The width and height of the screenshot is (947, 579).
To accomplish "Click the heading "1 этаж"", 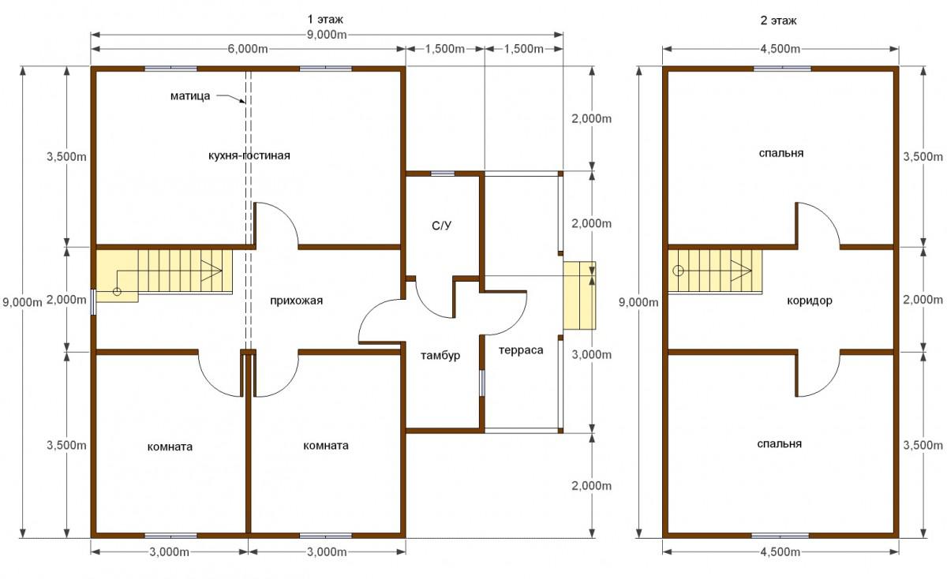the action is pos(325,20).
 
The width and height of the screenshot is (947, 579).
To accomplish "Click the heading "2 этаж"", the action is pos(778,21).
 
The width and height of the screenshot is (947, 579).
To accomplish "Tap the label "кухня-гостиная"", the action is pos(249,155).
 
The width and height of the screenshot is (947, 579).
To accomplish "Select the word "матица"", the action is pos(190,96).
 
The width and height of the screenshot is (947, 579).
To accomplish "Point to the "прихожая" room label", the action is pos(297,301).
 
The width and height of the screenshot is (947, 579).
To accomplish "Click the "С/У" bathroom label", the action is pos(441,226).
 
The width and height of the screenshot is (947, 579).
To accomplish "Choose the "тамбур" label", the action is pos(440,356).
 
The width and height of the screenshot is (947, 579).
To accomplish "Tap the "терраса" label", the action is pos(521,350).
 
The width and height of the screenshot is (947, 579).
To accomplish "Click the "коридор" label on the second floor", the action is pos(810,301).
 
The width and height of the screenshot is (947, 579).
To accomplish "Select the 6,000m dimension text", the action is pos(248,49).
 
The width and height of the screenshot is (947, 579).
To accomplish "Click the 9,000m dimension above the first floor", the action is pos(327,35).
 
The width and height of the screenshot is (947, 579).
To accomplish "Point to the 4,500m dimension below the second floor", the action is pos(780,552).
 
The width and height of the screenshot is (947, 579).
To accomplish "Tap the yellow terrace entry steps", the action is pos(579,296).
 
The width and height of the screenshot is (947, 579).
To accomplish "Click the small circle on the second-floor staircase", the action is pos(678,271).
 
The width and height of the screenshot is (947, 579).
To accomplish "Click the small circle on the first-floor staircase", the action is pos(117,292).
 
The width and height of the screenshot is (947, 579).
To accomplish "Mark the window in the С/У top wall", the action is pos(443,174).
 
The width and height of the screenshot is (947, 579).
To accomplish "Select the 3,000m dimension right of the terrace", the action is pos(591,355).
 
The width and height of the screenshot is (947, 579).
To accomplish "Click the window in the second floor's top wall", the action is pos(783,69).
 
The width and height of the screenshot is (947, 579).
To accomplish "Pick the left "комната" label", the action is pos(170,446).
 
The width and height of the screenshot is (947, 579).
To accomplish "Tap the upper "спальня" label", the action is pos(781,153).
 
